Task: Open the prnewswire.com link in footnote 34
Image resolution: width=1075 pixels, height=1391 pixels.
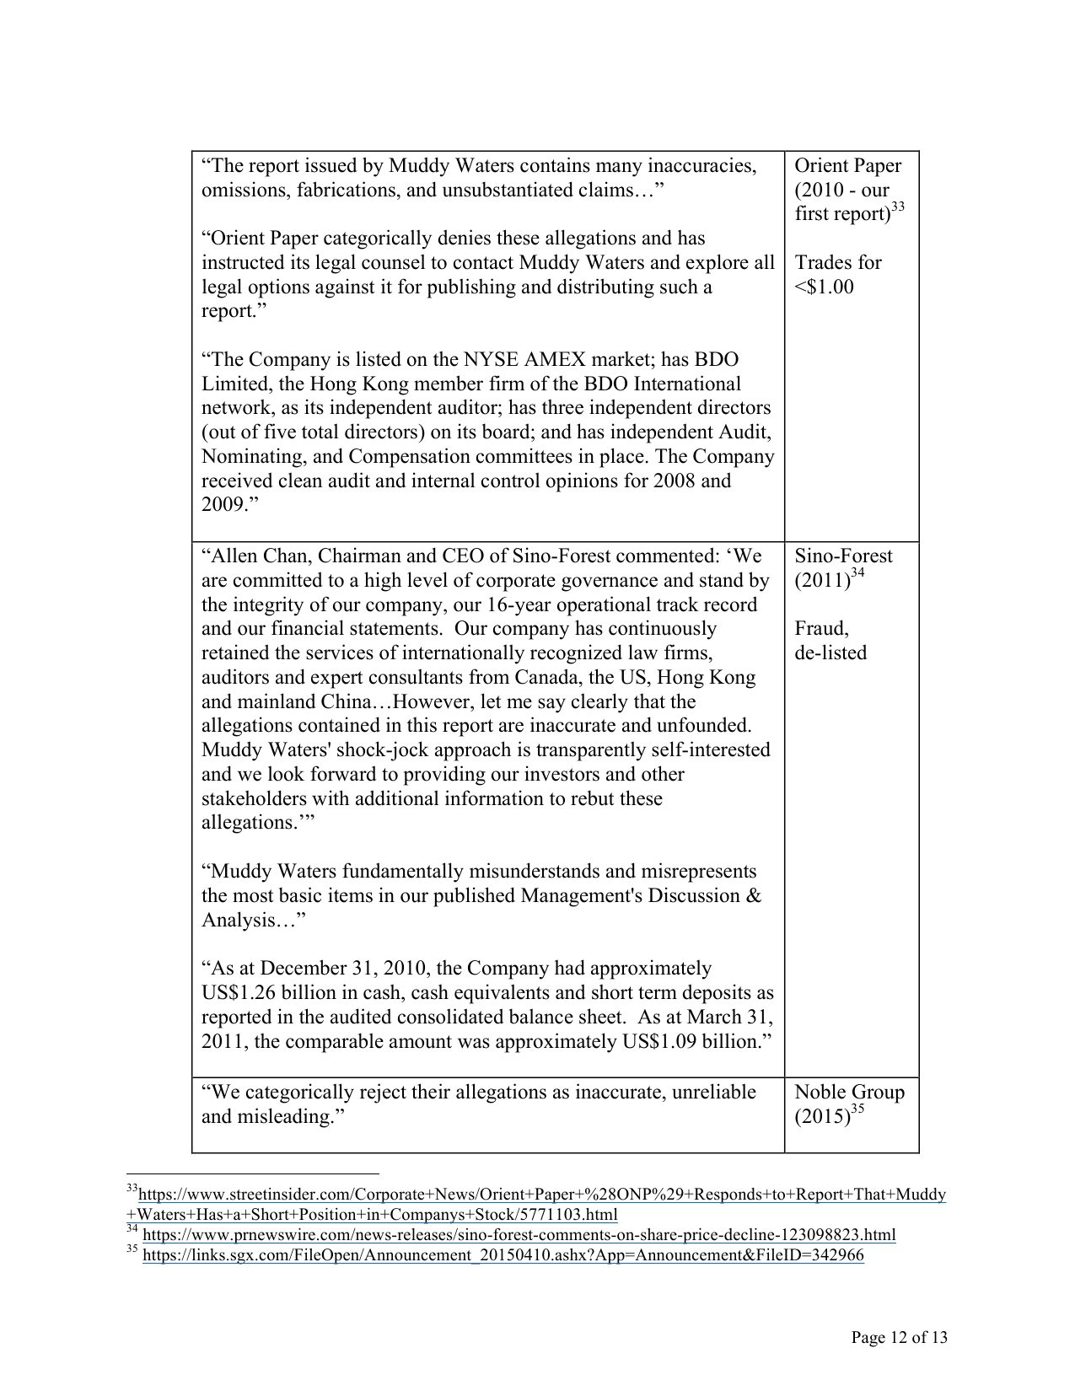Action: [519, 1235]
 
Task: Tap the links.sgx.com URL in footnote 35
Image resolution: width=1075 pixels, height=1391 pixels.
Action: [503, 1255]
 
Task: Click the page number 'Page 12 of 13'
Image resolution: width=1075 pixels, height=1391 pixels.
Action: [899, 1337]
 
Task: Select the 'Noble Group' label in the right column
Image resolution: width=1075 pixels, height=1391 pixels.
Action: [849, 1093]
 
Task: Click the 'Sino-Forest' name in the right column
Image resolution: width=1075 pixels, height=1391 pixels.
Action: [843, 556]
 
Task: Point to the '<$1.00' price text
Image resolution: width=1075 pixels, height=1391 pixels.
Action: [824, 287]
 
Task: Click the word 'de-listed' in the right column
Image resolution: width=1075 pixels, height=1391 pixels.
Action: [830, 653]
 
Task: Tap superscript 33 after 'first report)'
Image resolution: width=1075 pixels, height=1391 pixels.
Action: [898, 207]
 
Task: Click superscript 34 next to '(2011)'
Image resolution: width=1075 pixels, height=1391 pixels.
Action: [858, 574]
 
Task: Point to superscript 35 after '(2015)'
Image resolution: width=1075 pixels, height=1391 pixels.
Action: [858, 1110]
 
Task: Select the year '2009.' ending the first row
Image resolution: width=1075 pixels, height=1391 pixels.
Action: [223, 506]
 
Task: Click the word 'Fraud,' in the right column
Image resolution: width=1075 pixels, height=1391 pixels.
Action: [821, 629]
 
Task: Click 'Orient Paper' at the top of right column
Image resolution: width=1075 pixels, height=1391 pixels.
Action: [847, 166]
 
